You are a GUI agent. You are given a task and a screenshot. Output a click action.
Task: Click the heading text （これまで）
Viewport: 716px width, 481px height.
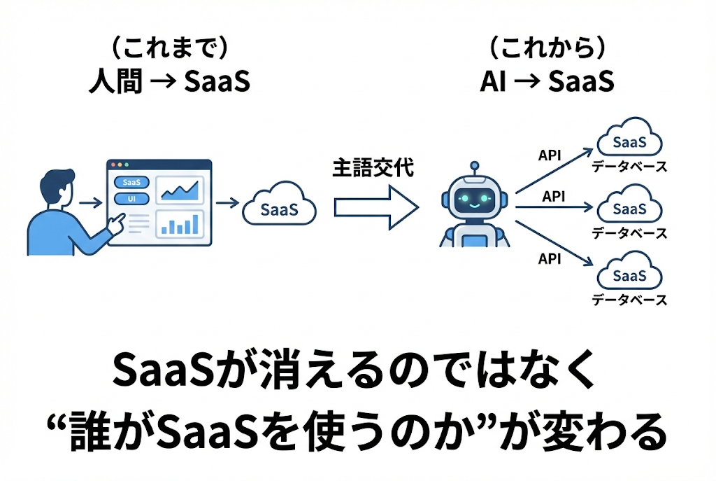(169, 49)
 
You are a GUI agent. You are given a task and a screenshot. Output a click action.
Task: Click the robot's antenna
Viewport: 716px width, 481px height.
(475, 169)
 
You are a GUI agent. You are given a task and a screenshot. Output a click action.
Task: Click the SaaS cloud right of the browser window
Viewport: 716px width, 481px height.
(279, 208)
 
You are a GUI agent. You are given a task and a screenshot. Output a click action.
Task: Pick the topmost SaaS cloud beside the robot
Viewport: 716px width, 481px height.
(629, 141)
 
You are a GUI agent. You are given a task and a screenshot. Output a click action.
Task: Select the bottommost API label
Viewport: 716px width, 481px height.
(550, 258)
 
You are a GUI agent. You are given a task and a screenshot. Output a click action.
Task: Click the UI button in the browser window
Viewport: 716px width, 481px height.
(131, 199)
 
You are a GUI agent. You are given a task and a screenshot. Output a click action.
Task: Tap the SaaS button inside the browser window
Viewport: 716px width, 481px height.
(131, 182)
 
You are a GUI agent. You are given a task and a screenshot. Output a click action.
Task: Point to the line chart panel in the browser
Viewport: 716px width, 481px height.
(180, 188)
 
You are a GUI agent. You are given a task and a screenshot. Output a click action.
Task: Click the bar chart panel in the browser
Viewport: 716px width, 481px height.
(180, 224)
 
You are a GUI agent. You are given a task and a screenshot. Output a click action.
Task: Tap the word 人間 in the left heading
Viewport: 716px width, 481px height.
(115, 83)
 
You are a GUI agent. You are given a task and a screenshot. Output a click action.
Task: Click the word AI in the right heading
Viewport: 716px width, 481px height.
(493, 83)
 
